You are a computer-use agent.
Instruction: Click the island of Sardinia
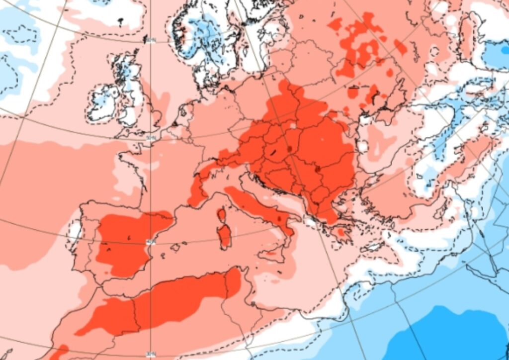[225, 236]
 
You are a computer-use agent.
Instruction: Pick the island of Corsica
[221, 215]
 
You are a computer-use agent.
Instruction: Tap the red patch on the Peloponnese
[341, 232]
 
